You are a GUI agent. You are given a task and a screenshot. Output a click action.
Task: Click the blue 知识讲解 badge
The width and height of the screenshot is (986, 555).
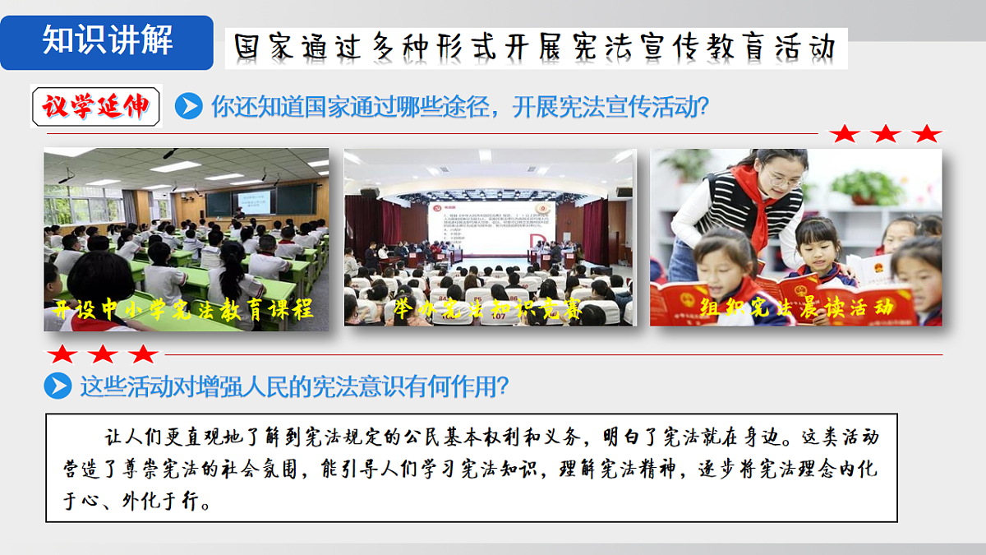[107, 41]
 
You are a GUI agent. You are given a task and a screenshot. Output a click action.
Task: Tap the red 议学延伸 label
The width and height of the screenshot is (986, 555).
[95, 106]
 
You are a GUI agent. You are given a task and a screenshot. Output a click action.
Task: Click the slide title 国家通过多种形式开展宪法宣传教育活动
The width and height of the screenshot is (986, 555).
[535, 48]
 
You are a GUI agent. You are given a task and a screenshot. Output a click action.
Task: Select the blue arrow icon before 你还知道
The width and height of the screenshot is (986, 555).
[189, 106]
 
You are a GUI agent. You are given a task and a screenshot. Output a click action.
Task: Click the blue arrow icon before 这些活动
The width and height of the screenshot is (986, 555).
[58, 386]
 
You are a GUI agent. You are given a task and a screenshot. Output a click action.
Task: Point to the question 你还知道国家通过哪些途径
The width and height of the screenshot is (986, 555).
[460, 106]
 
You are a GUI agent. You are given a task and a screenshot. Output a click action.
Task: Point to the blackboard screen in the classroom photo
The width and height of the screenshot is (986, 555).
[256, 201]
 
